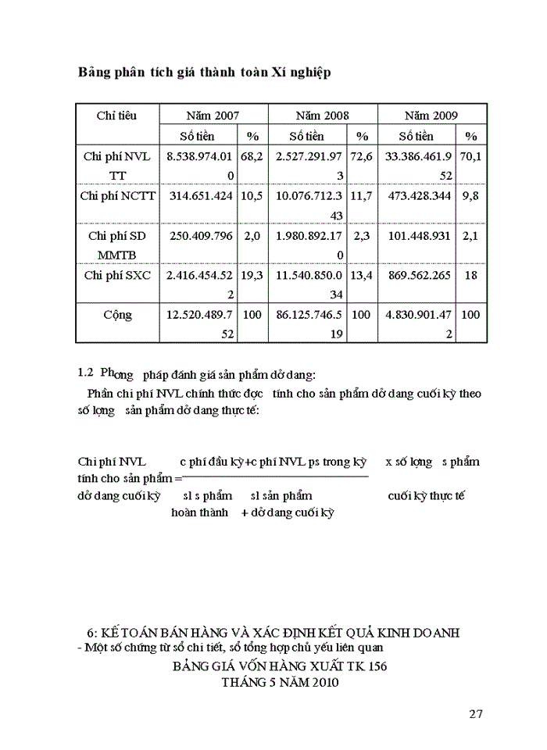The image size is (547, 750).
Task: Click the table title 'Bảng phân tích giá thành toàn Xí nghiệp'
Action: coord(204,73)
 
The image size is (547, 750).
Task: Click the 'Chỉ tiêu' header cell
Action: coord(117,116)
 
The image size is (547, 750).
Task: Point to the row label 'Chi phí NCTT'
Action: coord(117,195)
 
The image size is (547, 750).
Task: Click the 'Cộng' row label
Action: coord(117,315)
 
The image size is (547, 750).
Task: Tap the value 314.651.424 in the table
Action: coord(199,195)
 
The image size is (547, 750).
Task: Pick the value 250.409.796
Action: coord(199,235)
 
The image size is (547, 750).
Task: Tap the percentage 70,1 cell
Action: coord(470,156)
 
